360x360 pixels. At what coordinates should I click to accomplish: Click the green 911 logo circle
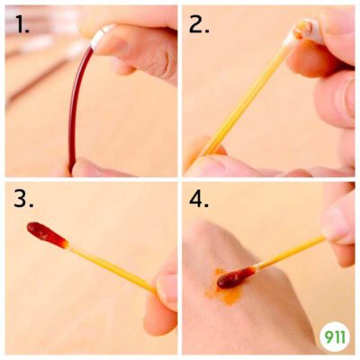pos(335,337)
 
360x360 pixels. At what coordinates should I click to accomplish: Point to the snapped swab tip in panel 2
pos(303,32)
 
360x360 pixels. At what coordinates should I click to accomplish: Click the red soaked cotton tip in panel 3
pos(48,235)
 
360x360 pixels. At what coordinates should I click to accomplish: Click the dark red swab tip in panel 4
pos(236,277)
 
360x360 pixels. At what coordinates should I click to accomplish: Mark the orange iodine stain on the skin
pos(223,288)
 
